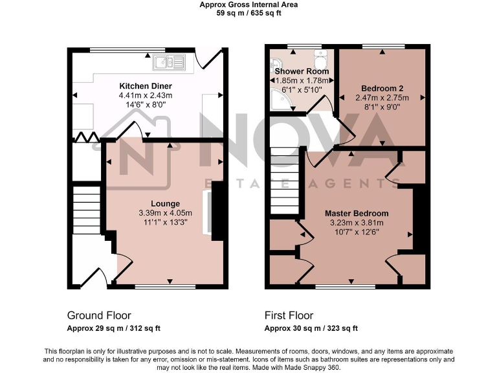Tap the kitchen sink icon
click(169, 62)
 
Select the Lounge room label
click(166, 203)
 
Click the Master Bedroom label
click(357, 213)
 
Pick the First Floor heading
click(289, 315)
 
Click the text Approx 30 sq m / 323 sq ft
click(311, 328)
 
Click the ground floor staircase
click(86, 210)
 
